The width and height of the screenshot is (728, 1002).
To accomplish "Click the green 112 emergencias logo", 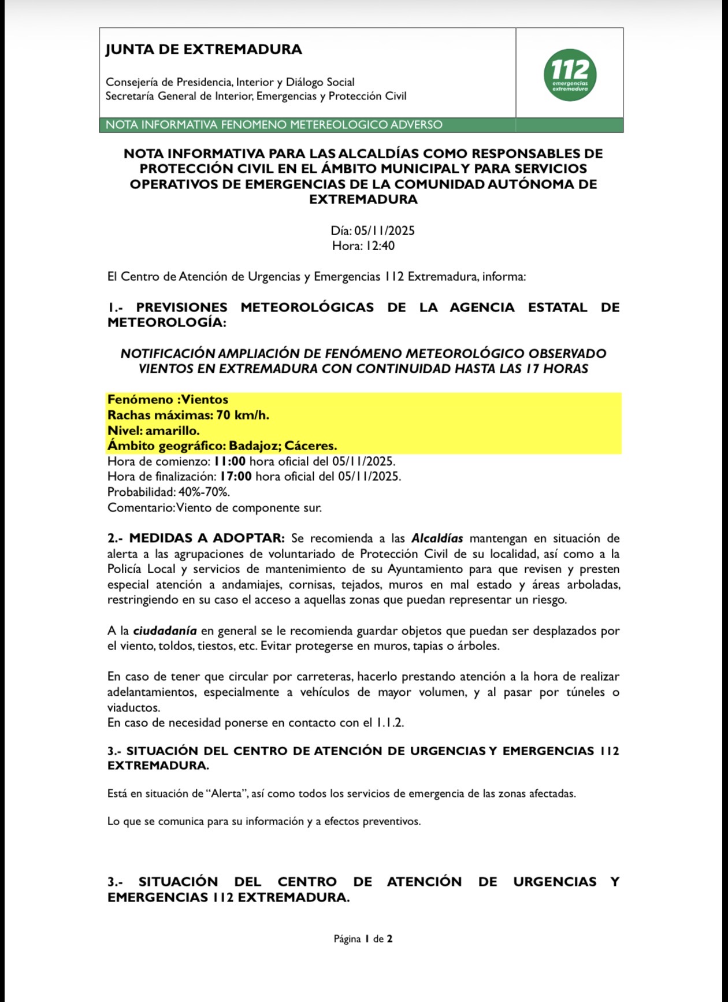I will pos(570,75).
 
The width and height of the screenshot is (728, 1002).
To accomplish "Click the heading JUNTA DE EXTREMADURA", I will pos(203,50).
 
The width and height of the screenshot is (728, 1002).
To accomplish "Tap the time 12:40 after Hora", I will pos(380,246).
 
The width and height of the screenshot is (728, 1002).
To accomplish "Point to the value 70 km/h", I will pos(243,415).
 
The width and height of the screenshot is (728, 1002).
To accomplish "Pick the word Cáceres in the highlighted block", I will pos(310,446).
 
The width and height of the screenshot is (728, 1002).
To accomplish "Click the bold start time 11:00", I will pos(230,462).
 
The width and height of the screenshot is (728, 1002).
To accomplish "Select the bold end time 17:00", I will pos(236,477).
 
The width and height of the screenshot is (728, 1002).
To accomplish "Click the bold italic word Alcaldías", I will pos(437,539).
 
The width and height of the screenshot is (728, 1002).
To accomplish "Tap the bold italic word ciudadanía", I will pos(165,630).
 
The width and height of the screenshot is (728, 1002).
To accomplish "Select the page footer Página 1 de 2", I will pos(363,939).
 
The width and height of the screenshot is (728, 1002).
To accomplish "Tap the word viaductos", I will pos(133,708).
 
